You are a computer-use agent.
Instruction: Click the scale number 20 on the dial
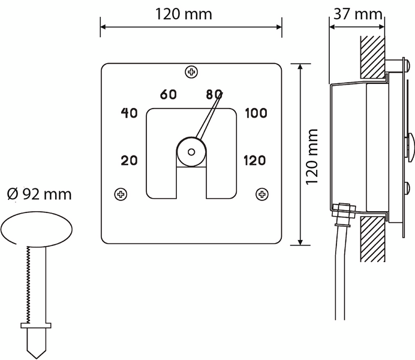tap(130, 160)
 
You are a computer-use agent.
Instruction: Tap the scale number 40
tap(130, 113)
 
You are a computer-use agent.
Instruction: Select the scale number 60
tap(169, 94)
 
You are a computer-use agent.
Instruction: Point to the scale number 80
tap(213, 94)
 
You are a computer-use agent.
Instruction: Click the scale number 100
tap(255, 113)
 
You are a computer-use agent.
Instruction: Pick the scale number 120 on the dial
tap(255, 160)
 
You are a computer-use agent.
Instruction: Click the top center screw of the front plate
tap(191, 73)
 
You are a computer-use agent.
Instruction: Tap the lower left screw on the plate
tap(121, 194)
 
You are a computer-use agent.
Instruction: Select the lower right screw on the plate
tap(261, 194)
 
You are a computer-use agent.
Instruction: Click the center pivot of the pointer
tap(191, 152)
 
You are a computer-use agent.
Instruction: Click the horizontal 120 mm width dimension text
tap(184, 14)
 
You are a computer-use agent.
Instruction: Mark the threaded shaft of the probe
tap(35, 282)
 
